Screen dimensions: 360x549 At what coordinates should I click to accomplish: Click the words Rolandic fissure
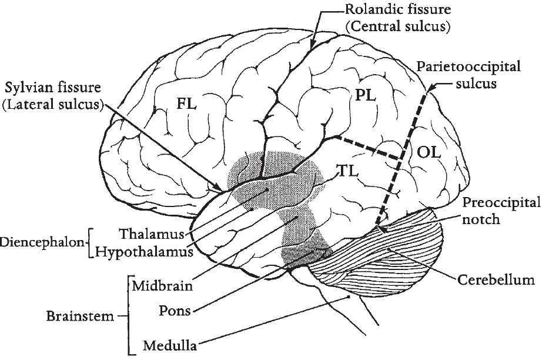point(381,10)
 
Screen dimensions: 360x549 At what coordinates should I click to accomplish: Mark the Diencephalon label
point(42,242)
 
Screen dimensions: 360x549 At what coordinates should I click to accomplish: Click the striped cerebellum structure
point(382,259)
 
